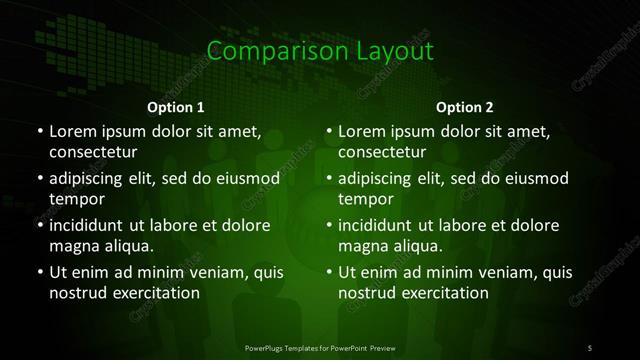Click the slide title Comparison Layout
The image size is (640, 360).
(319, 51)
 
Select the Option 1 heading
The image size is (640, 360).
(175, 107)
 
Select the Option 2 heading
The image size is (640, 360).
(465, 107)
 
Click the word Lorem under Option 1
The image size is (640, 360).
(73, 131)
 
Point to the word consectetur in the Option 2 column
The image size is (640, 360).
(383, 152)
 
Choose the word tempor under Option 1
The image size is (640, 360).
(75, 199)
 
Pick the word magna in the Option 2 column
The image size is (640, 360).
(362, 246)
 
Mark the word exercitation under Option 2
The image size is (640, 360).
(440, 293)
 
